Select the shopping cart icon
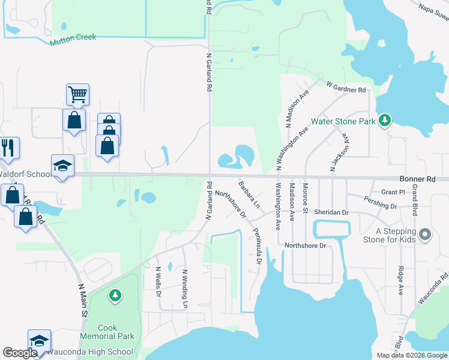coord(77,94)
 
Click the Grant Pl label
coord(393,192)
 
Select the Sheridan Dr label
coord(331,212)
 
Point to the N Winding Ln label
coord(185,289)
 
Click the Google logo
coord(19,353)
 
